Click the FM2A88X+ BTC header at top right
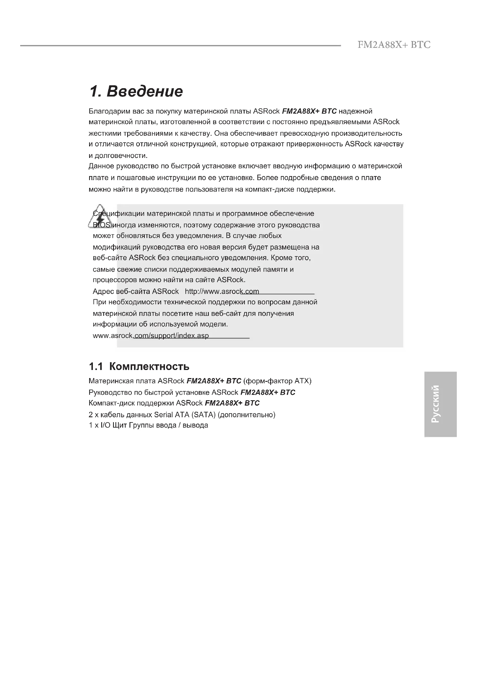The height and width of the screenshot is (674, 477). [394, 45]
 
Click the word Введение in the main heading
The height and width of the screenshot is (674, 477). [144, 91]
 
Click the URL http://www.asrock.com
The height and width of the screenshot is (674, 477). [222, 292]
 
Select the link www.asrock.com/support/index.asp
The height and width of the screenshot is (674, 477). [151, 335]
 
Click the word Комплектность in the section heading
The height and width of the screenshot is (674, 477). [149, 366]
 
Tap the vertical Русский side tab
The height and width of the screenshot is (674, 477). [440, 404]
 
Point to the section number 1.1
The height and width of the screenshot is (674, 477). [96, 366]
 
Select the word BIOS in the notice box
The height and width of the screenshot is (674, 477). [101, 225]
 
